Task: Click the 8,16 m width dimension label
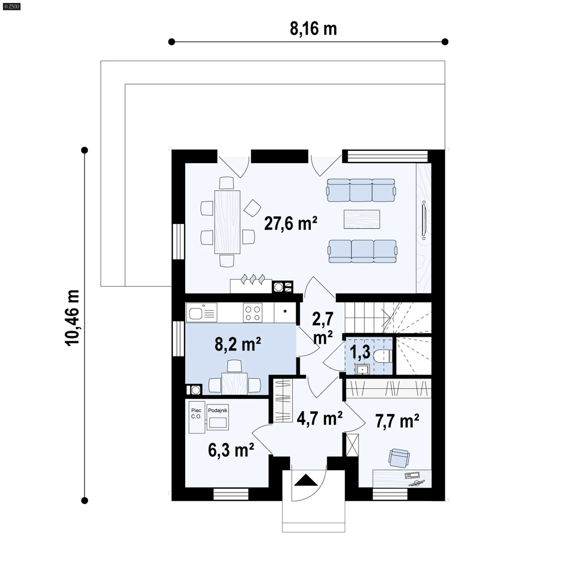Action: click(313, 29)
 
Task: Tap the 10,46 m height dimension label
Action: click(72, 318)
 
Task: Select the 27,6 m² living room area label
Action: click(291, 224)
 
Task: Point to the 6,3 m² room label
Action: click(231, 450)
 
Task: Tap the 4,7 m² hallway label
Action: click(320, 418)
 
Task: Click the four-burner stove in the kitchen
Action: click(253, 313)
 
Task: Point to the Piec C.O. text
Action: click(196, 413)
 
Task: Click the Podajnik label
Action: click(218, 411)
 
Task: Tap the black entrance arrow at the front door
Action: click(306, 480)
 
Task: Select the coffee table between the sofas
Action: click(362, 219)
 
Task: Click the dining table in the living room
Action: click(227, 222)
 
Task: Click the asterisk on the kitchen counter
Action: click(285, 311)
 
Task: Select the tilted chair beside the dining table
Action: click(252, 208)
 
